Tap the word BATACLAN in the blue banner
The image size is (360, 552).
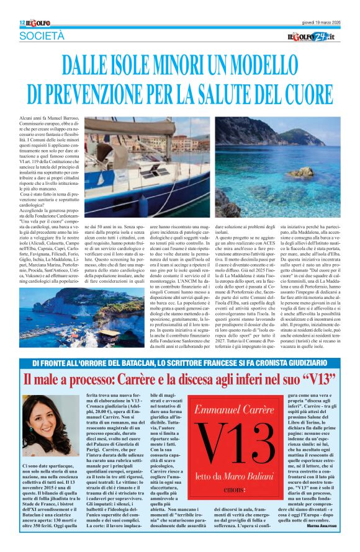tap(142, 363)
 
